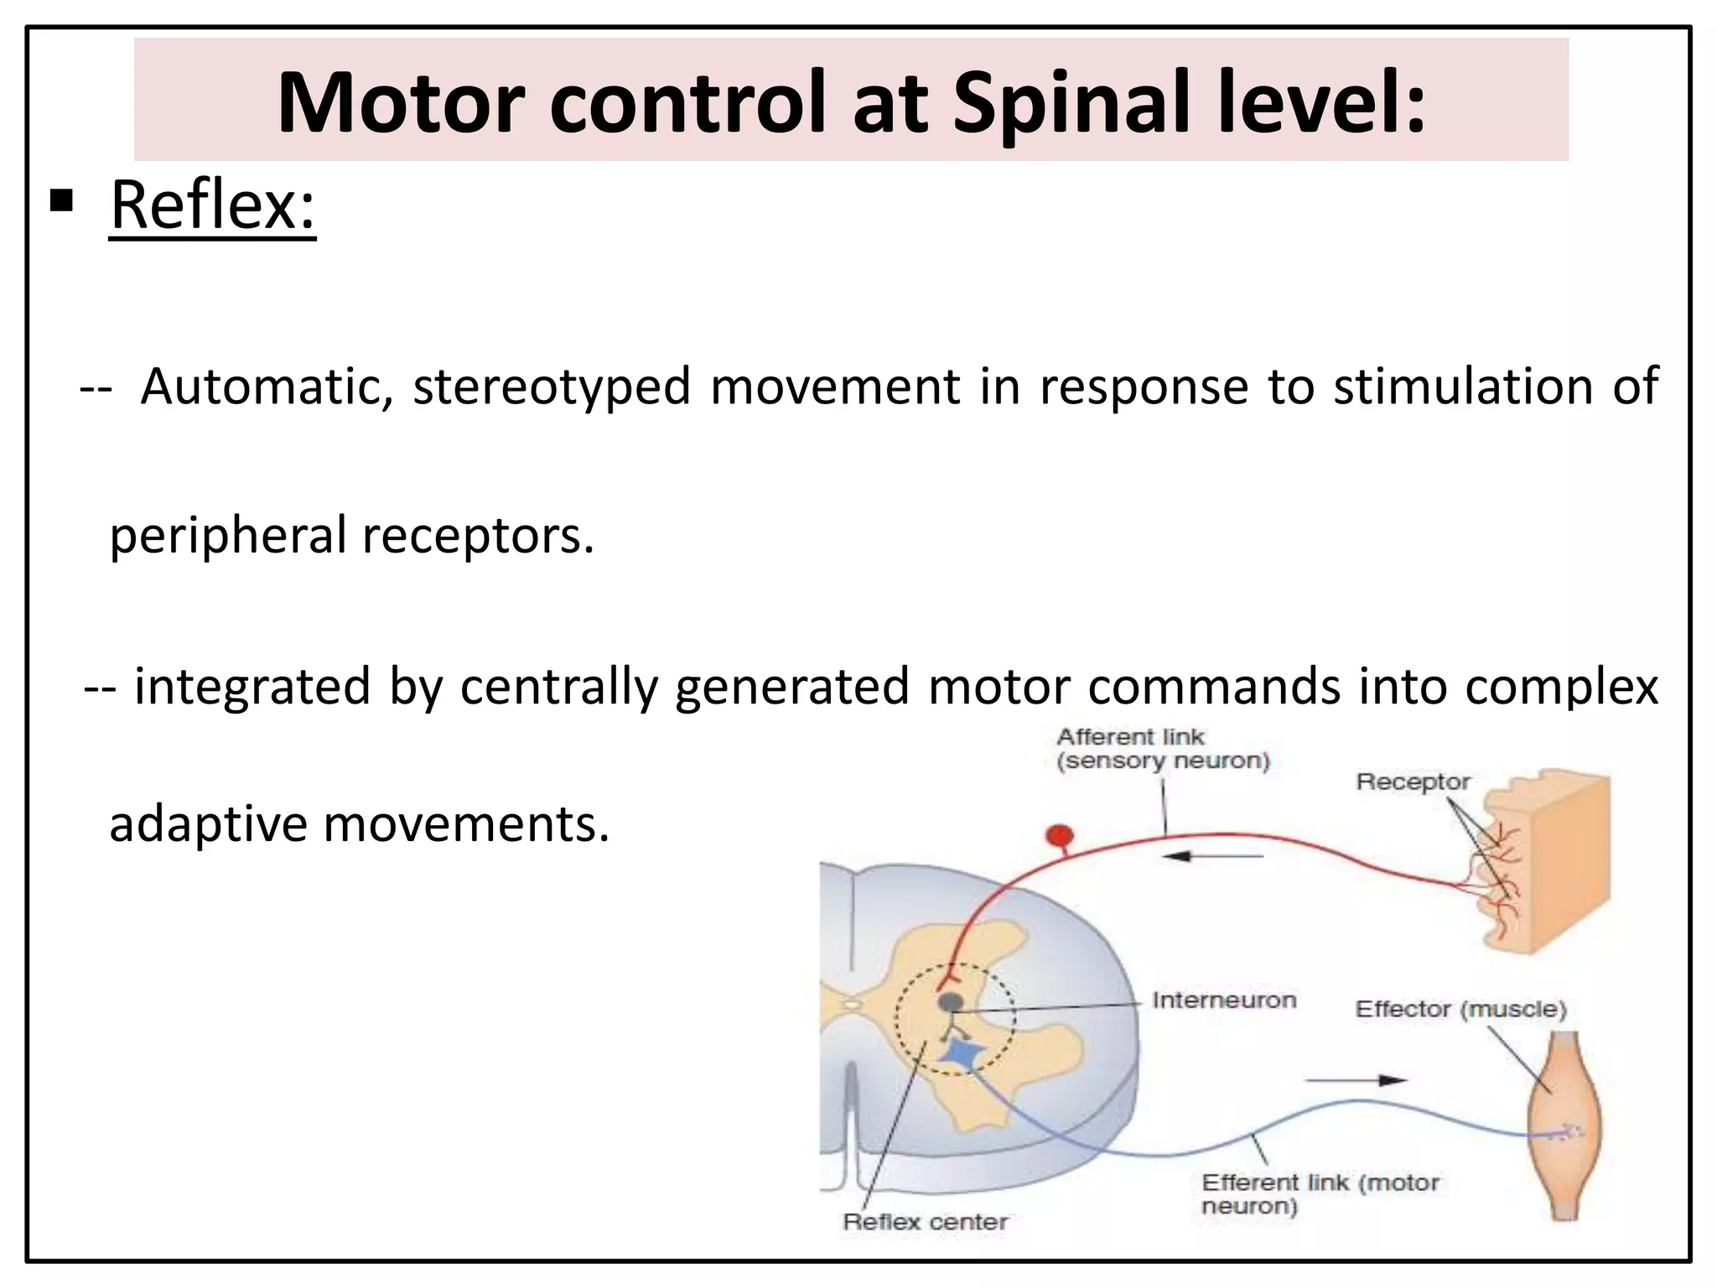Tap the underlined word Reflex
tap(212, 205)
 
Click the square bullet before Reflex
tap(61, 201)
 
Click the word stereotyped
tap(552, 388)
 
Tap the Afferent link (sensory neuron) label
tap(1163, 749)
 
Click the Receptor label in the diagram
tap(1413, 782)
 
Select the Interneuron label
tap(1223, 1000)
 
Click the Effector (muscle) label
tap(1460, 1009)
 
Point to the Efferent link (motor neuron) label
tap(1319, 1194)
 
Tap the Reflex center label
tap(925, 1222)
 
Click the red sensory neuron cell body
tap(1060, 836)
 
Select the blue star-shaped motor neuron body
tap(957, 1054)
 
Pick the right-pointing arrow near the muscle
tap(1356, 1080)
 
